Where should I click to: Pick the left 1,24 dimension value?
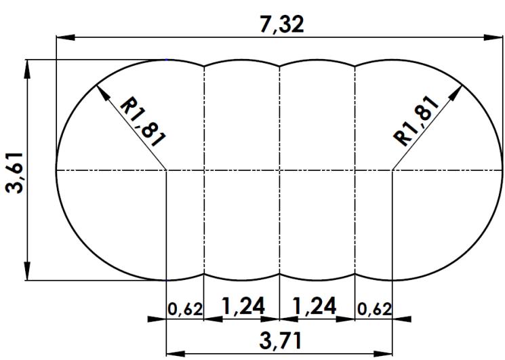(x=241, y=307)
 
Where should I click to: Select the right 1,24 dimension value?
(x=317, y=307)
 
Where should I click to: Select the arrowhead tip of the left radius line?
(x=100, y=87)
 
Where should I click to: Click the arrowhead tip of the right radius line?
(x=463, y=86)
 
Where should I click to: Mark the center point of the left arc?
(x=167, y=169)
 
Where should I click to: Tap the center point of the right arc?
(x=392, y=169)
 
